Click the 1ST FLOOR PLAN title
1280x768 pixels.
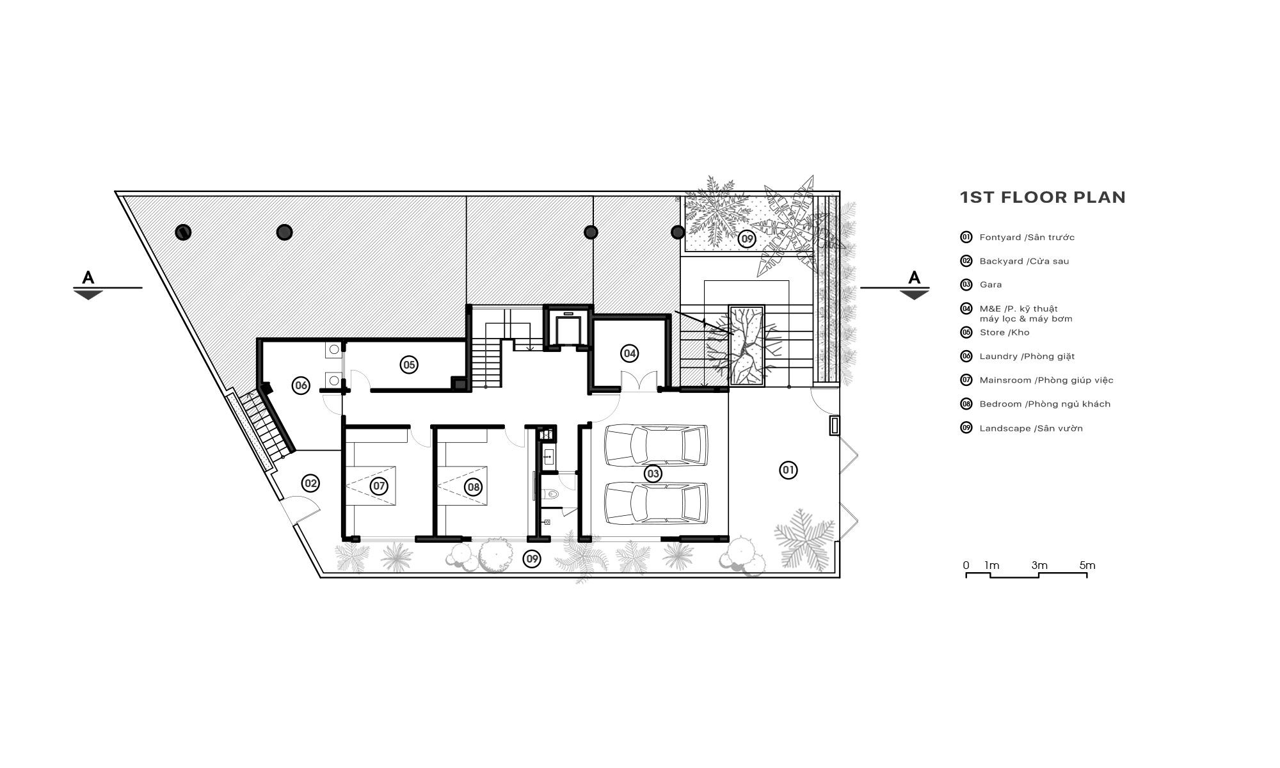tap(1043, 197)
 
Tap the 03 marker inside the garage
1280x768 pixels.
tap(652, 474)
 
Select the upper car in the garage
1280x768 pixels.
tap(657, 445)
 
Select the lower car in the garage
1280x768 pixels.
tap(657, 502)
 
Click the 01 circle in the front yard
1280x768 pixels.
tap(788, 470)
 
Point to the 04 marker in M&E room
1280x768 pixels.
tap(629, 353)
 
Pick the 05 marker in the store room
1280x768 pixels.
tap(408, 365)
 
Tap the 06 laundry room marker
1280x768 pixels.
tap(300, 385)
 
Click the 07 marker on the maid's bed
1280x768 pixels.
tap(379, 486)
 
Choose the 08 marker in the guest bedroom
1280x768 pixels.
tap(473, 487)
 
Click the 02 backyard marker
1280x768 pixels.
tap(310, 483)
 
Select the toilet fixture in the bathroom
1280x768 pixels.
tap(551, 494)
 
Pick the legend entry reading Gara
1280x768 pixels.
tap(990, 285)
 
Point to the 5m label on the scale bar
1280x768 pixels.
tap(1087, 565)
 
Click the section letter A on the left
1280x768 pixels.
tap(88, 278)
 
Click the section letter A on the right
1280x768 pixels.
tap(915, 278)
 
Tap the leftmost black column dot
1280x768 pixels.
tap(183, 232)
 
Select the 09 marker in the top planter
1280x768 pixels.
tap(746, 239)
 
